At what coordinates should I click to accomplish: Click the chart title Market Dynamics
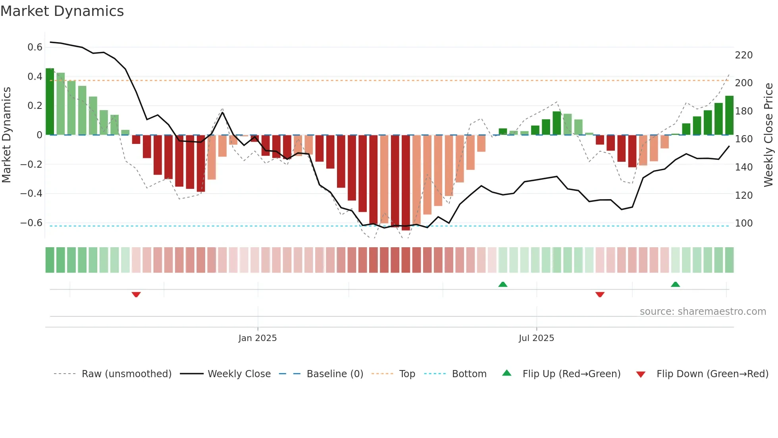62,11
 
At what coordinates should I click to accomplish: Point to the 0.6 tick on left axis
35,47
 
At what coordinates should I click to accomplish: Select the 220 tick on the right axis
743,55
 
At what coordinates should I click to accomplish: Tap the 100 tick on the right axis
743,223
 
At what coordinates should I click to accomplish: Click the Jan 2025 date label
257,338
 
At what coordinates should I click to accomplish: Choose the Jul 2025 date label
536,338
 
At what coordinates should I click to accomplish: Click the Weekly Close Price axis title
768,135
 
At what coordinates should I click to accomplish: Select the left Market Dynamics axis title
6,135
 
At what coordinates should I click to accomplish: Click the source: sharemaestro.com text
703,312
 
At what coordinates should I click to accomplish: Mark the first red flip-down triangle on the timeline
136,295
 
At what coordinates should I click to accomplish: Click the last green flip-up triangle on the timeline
675,284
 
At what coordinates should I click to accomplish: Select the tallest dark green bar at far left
50,102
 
